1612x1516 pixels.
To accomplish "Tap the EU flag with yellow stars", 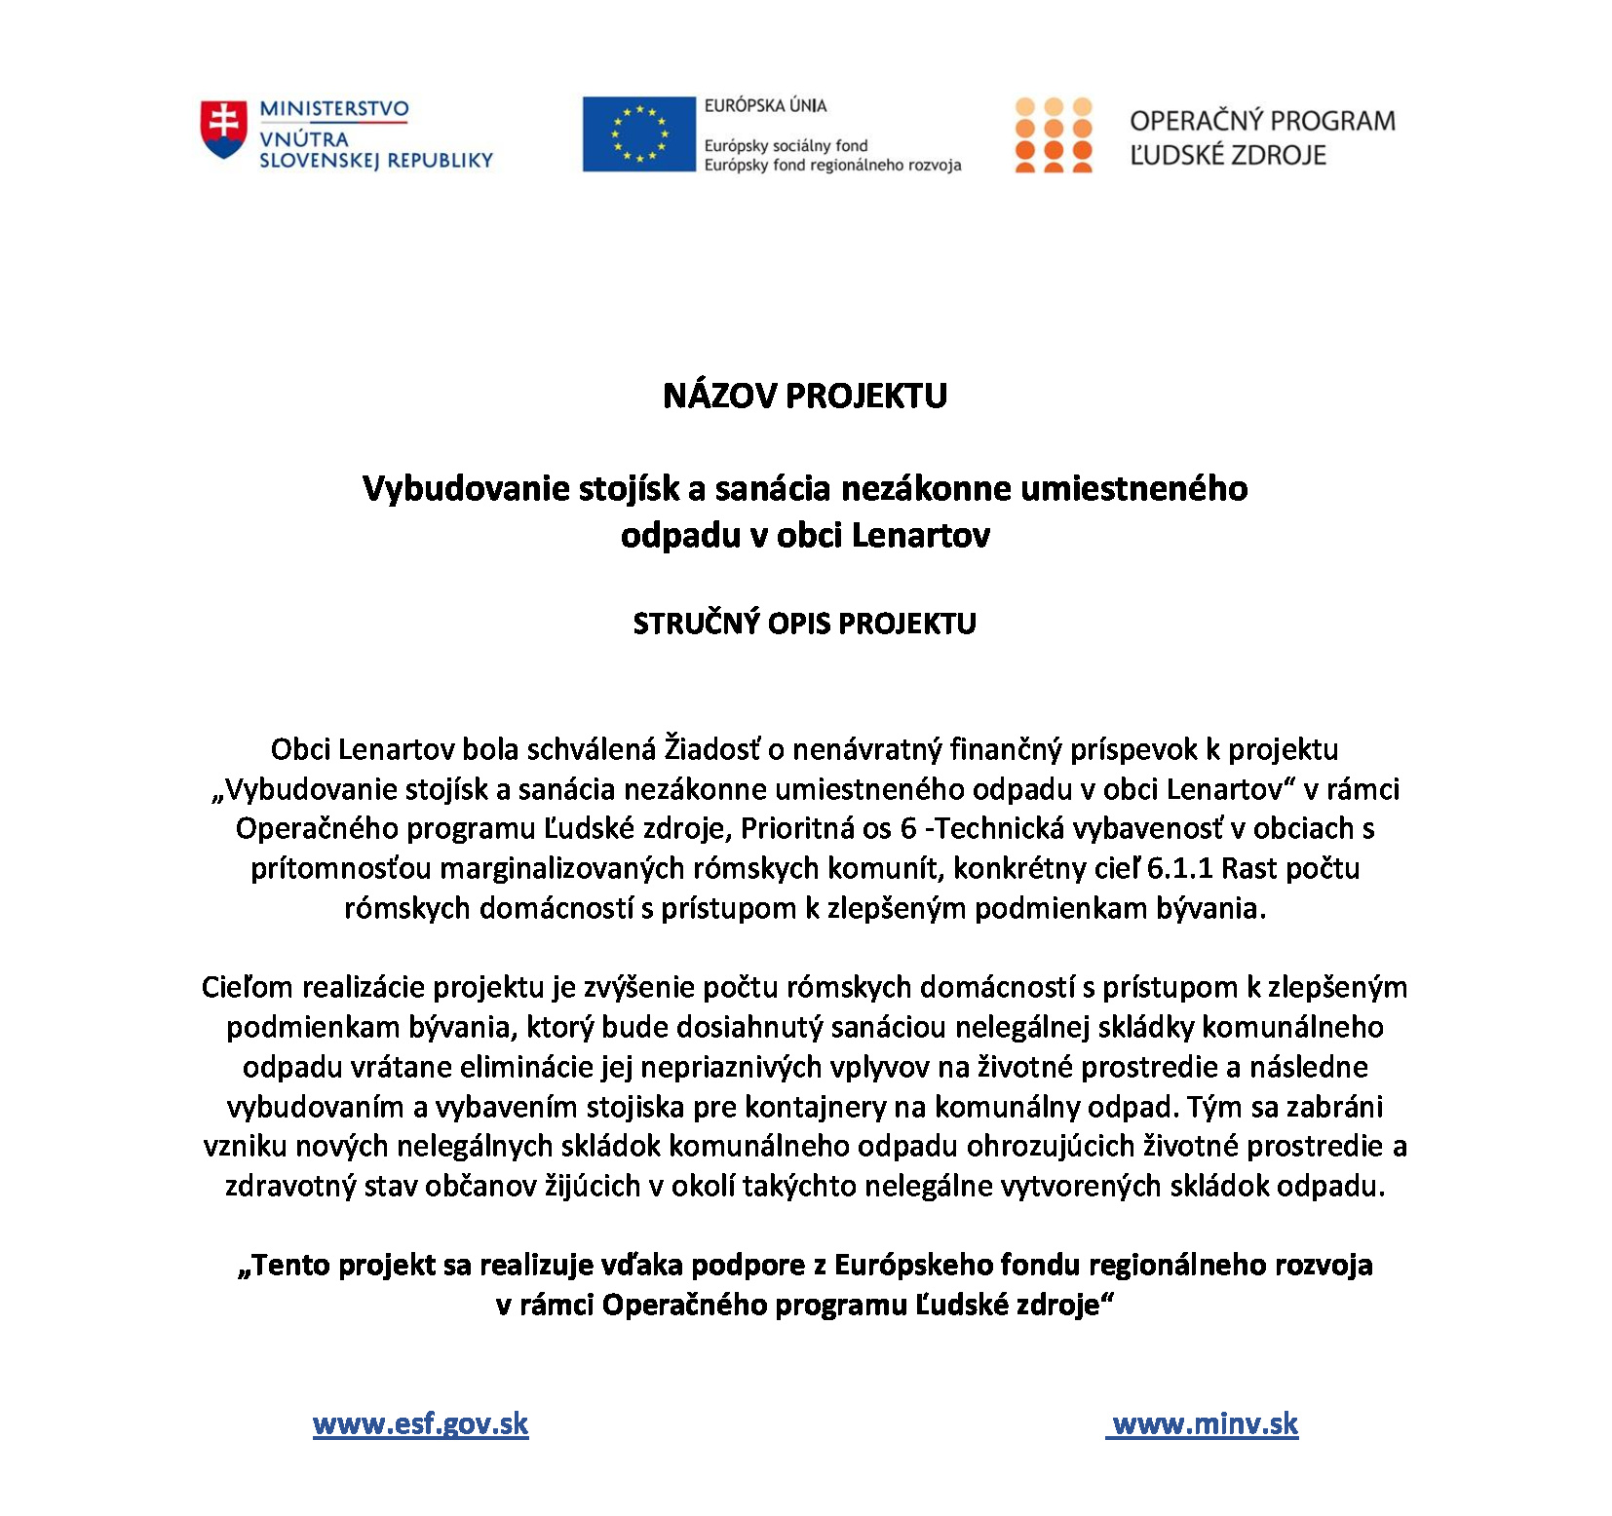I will click(x=638, y=134).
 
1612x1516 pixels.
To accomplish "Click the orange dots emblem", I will click(x=1053, y=134).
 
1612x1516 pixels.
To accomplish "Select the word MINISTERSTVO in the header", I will click(x=333, y=109).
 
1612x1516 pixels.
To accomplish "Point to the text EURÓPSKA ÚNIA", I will click(x=765, y=105).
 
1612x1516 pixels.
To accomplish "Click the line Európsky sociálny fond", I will click(x=786, y=145).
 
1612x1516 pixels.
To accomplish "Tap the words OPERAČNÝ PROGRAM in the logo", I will click(x=1262, y=121).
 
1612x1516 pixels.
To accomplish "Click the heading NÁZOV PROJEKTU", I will click(x=805, y=396).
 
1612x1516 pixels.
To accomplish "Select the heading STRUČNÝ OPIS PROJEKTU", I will click(x=805, y=624).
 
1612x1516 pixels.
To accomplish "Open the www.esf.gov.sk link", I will click(x=420, y=1424).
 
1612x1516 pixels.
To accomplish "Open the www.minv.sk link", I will click(x=1205, y=1424).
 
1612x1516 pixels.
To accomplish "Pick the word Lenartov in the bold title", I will click(x=920, y=535).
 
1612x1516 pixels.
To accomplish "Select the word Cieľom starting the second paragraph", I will click(x=248, y=987).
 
